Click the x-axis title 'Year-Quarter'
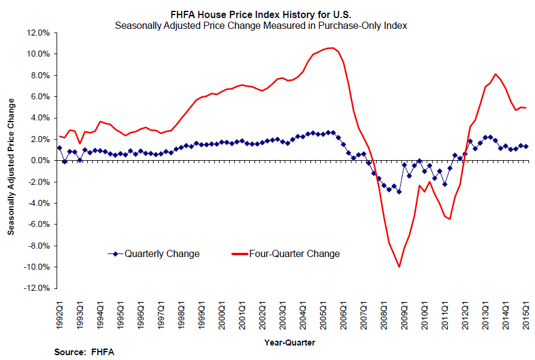(289, 342)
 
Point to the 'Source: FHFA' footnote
(84, 352)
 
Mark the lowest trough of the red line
(399, 267)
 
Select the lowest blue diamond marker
(399, 191)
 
